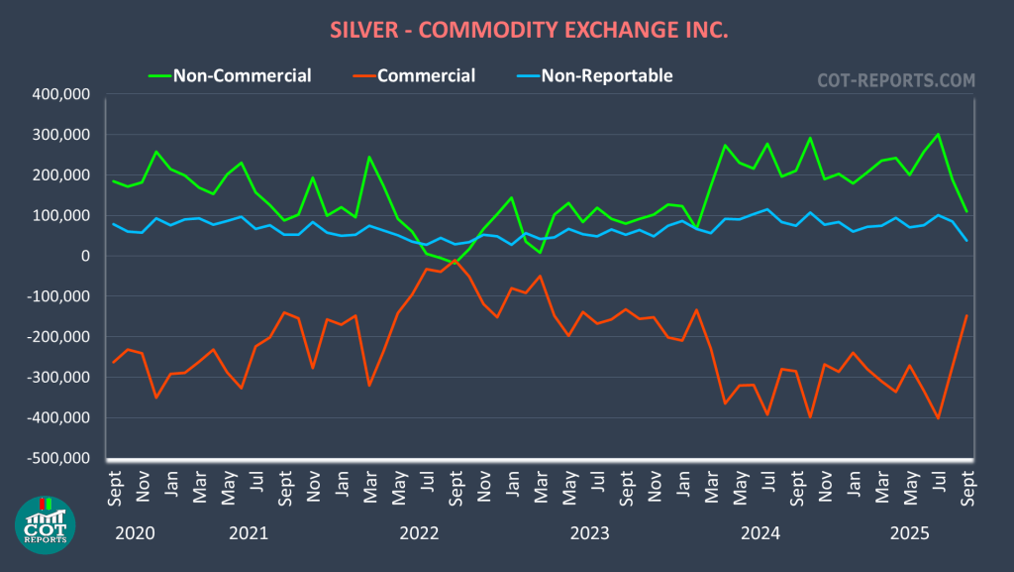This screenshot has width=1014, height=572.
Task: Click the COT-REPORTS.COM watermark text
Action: (x=895, y=79)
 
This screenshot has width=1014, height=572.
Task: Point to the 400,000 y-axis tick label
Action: (x=60, y=94)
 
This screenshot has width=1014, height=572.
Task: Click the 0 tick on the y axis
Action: (x=85, y=256)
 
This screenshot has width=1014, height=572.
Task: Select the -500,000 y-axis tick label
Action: (x=57, y=458)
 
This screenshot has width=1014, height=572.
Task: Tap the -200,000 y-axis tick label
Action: (x=57, y=337)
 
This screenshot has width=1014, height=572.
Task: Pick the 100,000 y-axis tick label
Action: (x=60, y=215)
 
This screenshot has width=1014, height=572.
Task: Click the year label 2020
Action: (x=135, y=533)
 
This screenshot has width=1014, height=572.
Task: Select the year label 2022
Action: (x=419, y=533)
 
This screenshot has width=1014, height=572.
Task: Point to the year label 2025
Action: (x=908, y=533)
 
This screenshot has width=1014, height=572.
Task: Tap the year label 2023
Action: (x=590, y=533)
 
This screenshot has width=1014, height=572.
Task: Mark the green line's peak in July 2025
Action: (x=938, y=134)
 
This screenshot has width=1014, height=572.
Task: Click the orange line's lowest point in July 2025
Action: (x=938, y=418)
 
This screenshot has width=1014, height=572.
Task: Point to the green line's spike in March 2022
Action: (x=369, y=157)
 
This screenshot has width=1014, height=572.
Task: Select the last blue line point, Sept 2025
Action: (x=966, y=241)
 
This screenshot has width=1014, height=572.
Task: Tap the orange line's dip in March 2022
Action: (x=369, y=386)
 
